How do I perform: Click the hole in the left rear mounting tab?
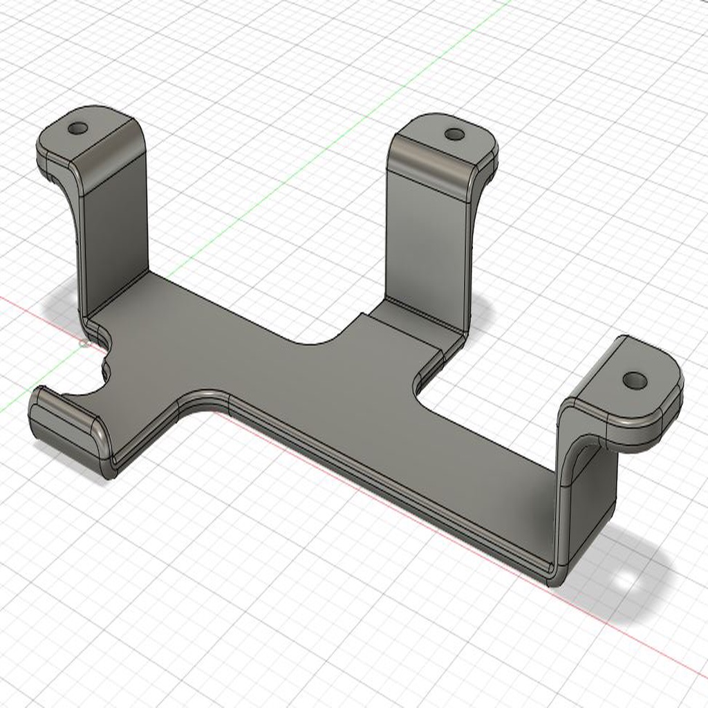click(78, 129)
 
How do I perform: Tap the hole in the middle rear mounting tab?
click(454, 134)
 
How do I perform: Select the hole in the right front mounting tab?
click(634, 380)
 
